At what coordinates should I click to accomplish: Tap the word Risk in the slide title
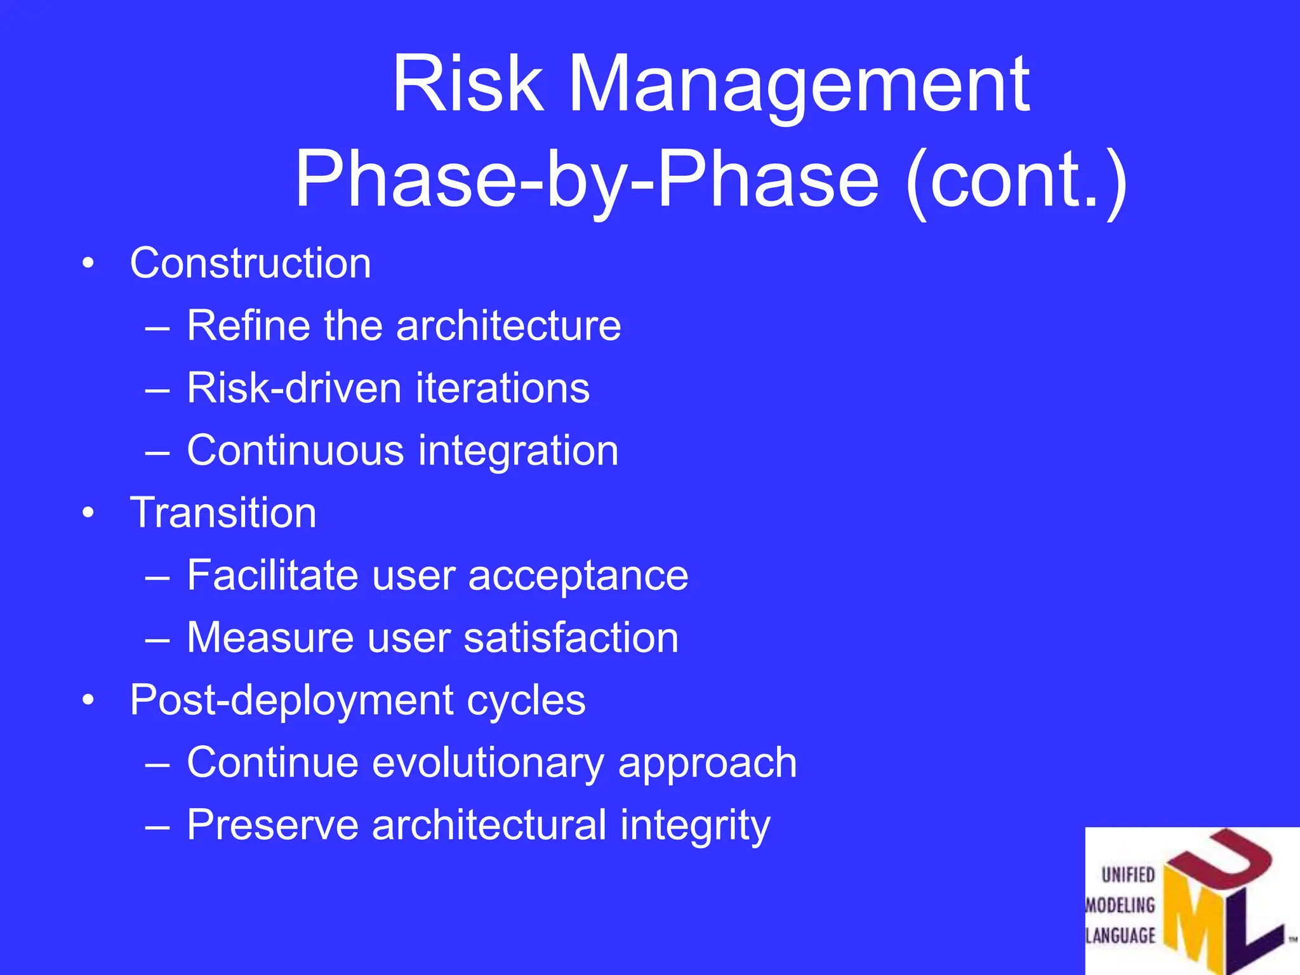(468, 84)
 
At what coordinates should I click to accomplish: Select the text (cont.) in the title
(1016, 180)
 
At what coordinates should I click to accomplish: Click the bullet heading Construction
(250, 263)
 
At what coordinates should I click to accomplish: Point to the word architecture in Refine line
(508, 326)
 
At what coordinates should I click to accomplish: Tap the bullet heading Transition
(223, 513)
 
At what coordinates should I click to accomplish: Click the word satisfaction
(571, 637)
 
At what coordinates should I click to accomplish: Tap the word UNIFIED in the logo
(1128, 875)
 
